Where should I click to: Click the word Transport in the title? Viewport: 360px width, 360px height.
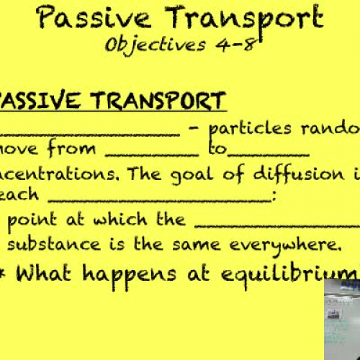click(x=238, y=17)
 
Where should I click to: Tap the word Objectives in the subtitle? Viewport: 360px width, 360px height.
click(x=151, y=45)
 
